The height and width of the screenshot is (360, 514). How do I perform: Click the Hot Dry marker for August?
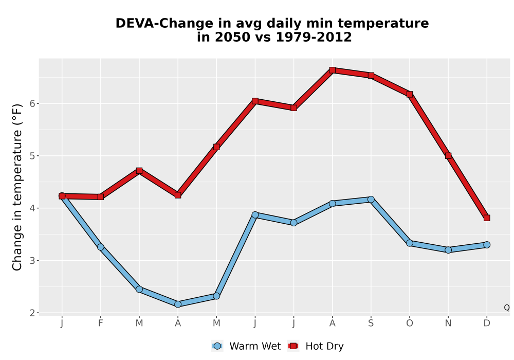(333, 70)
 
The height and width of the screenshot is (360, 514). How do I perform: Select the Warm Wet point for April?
(178, 304)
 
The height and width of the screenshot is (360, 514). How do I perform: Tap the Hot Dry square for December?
(487, 218)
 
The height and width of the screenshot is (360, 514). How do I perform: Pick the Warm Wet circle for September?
(371, 200)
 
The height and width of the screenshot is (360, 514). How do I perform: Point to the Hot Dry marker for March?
(139, 171)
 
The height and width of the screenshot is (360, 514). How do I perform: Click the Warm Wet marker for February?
(101, 247)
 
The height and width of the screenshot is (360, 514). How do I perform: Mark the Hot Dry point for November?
(448, 156)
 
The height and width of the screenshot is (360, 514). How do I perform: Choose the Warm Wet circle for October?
(410, 243)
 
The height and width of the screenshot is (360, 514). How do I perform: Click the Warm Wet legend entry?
(246, 346)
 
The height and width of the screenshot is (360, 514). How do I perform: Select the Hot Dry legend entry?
(316, 346)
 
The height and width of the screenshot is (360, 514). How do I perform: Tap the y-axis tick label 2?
(32, 313)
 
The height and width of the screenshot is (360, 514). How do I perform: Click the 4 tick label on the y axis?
(32, 208)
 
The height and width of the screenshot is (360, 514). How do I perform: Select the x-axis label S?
(371, 323)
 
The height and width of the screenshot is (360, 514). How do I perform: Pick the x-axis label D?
(487, 323)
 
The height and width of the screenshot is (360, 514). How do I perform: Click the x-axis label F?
(101, 323)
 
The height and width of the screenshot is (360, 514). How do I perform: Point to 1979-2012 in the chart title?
(314, 37)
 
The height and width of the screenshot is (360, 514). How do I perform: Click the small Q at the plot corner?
(507, 308)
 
